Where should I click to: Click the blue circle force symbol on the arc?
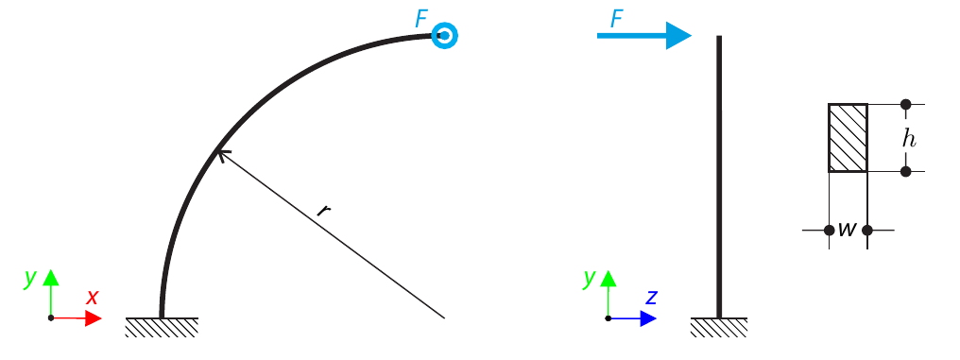[445, 36]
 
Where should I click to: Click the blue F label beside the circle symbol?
[421, 18]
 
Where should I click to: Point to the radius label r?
[323, 210]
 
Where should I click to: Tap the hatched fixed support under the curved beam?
[162, 327]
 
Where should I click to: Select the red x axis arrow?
[89, 318]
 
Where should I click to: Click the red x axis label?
[93, 297]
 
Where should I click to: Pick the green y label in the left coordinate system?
[30, 278]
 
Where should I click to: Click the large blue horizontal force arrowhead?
[677, 36]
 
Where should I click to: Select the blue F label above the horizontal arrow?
[617, 18]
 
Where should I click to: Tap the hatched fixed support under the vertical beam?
[719, 327]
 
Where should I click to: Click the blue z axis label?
[651, 297]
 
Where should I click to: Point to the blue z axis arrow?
[645, 318]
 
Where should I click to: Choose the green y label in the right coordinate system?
[590, 278]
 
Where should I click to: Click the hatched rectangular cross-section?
[848, 138]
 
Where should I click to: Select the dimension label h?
[908, 138]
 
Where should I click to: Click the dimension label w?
[848, 230]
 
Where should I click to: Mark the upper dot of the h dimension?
[905, 104]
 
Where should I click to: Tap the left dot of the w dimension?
[829, 230]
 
